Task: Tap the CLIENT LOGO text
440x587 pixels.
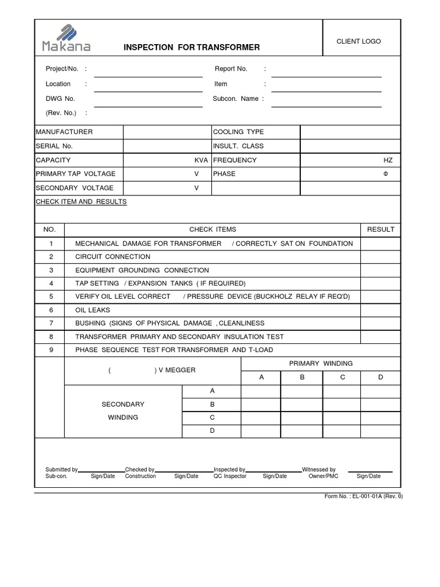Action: (x=359, y=42)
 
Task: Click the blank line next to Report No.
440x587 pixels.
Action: (x=326, y=73)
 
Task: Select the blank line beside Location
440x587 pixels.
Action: (x=148, y=88)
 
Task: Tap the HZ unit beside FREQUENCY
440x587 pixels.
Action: (x=388, y=160)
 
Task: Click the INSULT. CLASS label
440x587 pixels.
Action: (x=238, y=146)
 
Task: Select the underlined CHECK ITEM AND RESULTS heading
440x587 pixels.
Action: (x=81, y=202)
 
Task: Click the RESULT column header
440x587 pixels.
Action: (x=380, y=229)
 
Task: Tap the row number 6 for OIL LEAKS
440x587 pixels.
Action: (x=51, y=310)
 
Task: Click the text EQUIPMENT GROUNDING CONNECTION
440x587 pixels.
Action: (x=142, y=270)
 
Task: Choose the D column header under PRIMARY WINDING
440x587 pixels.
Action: (x=380, y=377)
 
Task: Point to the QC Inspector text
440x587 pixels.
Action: (x=230, y=476)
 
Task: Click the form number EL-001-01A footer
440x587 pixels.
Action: (x=363, y=496)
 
